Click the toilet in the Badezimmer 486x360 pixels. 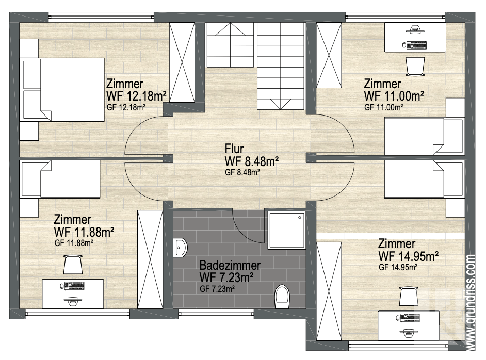282,297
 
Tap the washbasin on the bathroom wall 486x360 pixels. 180,247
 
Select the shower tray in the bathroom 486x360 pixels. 287,230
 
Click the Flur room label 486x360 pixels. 234,149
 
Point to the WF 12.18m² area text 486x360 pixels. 136,96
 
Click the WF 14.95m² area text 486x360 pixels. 409,256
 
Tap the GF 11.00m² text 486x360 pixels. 384,107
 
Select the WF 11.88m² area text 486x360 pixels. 84,232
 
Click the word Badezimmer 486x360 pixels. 230,265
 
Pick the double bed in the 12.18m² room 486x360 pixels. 62,90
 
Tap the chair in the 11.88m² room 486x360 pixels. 73,264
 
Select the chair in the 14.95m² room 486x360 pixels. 409,296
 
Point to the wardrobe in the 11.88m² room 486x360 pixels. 150,259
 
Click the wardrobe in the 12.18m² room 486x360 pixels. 182,62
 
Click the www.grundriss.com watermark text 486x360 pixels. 471,303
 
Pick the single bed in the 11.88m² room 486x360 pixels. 60,179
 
